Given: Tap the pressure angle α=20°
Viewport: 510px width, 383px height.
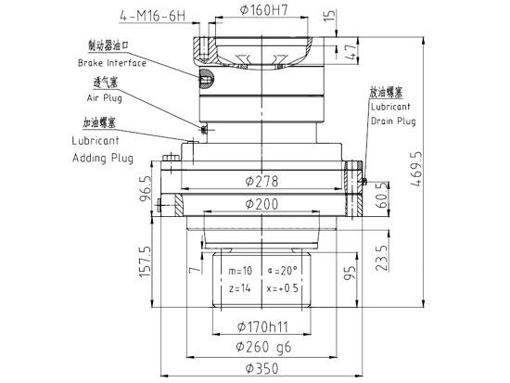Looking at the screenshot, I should [283, 272].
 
